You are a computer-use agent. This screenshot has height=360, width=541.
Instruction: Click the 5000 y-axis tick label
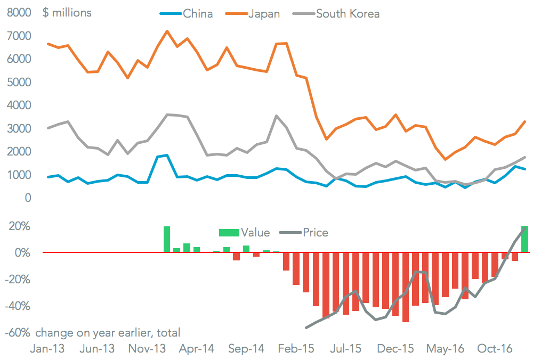pyautogui.click(x=19, y=82)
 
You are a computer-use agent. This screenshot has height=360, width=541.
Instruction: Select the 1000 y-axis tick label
pyautogui.click(x=19, y=175)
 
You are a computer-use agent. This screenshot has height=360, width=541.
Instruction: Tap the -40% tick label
pyautogui.click(x=18, y=306)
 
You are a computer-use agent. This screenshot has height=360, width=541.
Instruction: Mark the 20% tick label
pyautogui.click(x=19, y=226)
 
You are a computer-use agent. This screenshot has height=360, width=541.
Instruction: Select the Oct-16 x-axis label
pyautogui.click(x=495, y=349)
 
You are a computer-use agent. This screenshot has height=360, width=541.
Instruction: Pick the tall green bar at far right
pyautogui.click(x=524, y=239)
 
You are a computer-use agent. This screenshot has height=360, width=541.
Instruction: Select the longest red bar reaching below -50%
pyautogui.click(x=406, y=287)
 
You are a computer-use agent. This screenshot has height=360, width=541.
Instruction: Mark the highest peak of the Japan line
pyautogui.click(x=167, y=31)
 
